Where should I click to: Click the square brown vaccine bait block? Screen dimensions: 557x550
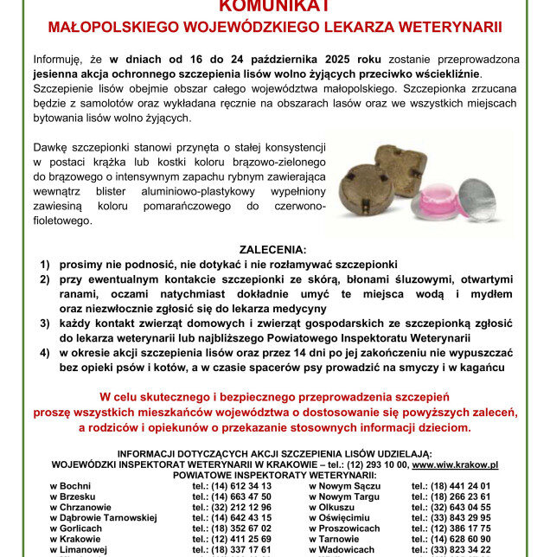pos(401,170)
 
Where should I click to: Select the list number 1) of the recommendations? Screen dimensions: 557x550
pos(44,264)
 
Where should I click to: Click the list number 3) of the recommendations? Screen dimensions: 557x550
pos(44,323)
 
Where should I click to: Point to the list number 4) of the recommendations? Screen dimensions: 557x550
pos(44,353)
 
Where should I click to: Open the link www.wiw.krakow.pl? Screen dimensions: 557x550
pos(455,464)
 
